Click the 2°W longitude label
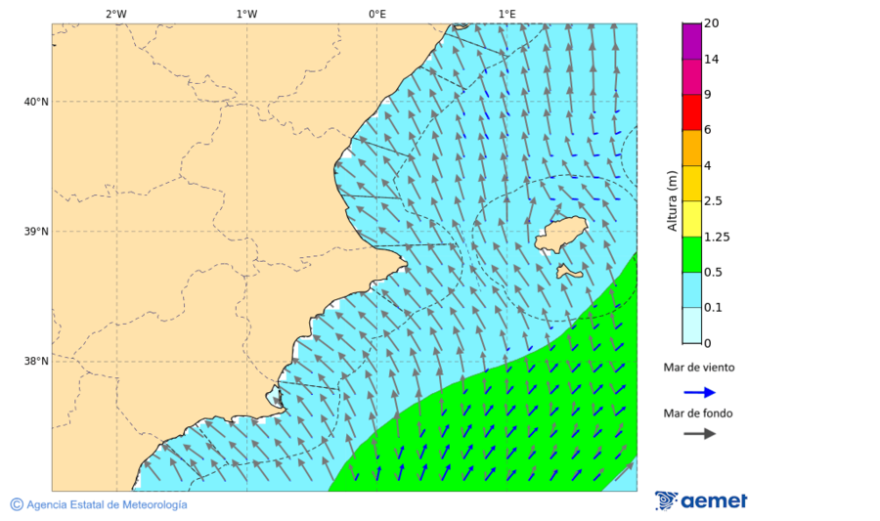(115, 15)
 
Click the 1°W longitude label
(246, 15)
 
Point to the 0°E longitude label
(376, 15)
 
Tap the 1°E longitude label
(506, 15)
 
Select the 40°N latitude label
(35, 102)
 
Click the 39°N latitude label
(35, 232)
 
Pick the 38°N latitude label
(35, 362)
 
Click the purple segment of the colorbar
(691, 41)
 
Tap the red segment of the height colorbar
(691, 111)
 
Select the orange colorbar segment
(691, 148)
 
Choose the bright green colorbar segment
(691, 254)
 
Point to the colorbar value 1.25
(718, 237)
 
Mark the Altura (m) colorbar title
(672, 200)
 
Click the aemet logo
(701, 500)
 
